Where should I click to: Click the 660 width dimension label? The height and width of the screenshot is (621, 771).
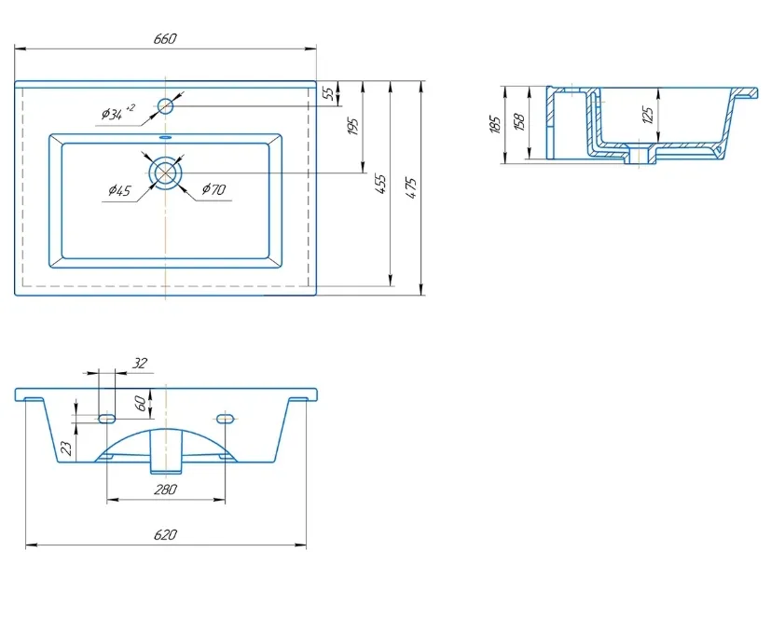tap(165, 38)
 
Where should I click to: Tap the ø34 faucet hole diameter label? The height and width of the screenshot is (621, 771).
tap(117, 113)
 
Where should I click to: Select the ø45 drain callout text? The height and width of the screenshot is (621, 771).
tap(120, 189)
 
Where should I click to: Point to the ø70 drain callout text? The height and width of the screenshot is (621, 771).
tap(213, 188)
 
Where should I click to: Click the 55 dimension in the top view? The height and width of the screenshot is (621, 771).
tap(330, 92)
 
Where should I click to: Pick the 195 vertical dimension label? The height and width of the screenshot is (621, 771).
tap(353, 127)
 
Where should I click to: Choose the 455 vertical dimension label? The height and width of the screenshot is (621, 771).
tap(380, 184)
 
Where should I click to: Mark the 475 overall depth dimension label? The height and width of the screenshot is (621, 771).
tap(411, 187)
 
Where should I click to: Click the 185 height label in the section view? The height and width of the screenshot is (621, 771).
tap(496, 124)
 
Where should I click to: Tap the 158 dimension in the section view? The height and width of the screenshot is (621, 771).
tap(519, 121)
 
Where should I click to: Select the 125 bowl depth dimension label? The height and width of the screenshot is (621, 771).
tap(648, 115)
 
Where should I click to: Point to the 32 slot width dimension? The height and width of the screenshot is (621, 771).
tap(140, 363)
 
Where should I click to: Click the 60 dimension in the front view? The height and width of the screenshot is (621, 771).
tap(140, 403)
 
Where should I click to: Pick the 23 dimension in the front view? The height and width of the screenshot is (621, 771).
tap(67, 448)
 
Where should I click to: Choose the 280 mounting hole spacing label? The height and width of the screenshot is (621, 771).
tap(165, 490)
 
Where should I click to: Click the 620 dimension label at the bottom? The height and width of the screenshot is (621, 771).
tap(165, 534)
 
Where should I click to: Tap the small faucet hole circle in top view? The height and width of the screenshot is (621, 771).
tap(166, 105)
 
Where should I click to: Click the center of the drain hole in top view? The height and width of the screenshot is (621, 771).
tap(166, 173)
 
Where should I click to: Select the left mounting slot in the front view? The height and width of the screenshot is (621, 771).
tap(106, 419)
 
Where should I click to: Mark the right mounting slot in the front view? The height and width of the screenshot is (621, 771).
tap(225, 419)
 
